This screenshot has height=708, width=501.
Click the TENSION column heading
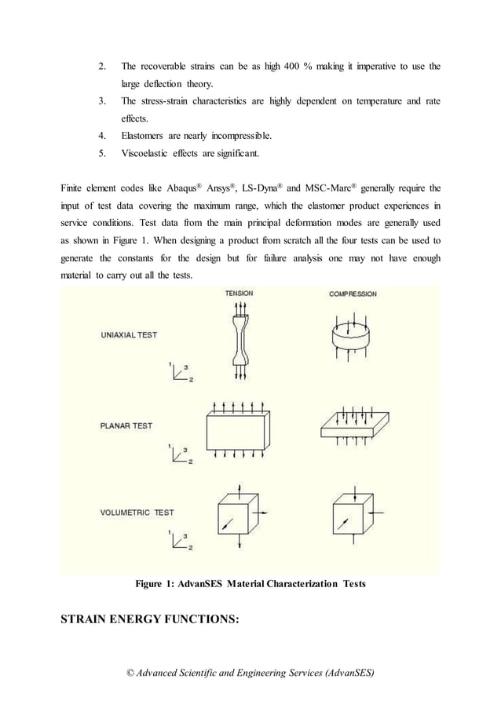pyautogui.click(x=240, y=294)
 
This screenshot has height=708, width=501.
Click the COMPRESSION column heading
pyautogui.click(x=353, y=294)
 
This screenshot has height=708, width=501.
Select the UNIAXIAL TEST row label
pyautogui.click(x=129, y=335)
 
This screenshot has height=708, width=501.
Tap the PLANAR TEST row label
pyautogui.click(x=126, y=426)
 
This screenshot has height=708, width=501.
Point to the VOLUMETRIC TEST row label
pyautogui.click(x=137, y=513)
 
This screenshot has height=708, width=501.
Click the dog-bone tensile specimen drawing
pyautogui.click(x=240, y=338)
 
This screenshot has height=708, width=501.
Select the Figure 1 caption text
pyautogui.click(x=250, y=584)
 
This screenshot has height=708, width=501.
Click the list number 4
pyautogui.click(x=102, y=135)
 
